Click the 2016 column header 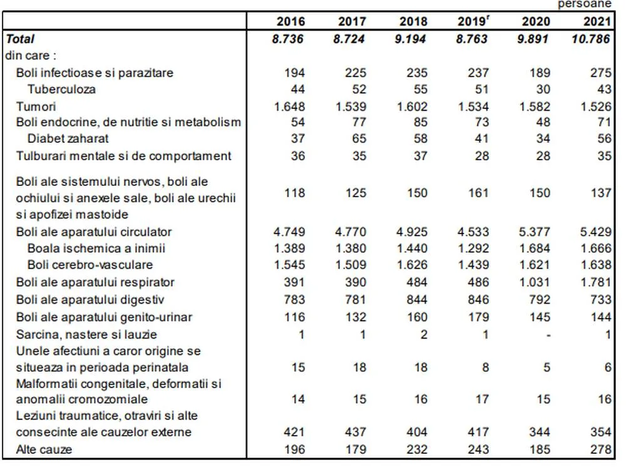pos(290,22)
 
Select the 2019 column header pos(473,22)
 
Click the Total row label pos(20,39)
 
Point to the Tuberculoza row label pos(62,90)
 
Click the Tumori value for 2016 pos(289,106)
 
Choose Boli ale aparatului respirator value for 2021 pos(595,282)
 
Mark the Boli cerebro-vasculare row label pos(90,265)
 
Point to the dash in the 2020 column pos(548,335)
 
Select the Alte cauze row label pos(44,449)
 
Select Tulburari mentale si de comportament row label pos(123,156)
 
